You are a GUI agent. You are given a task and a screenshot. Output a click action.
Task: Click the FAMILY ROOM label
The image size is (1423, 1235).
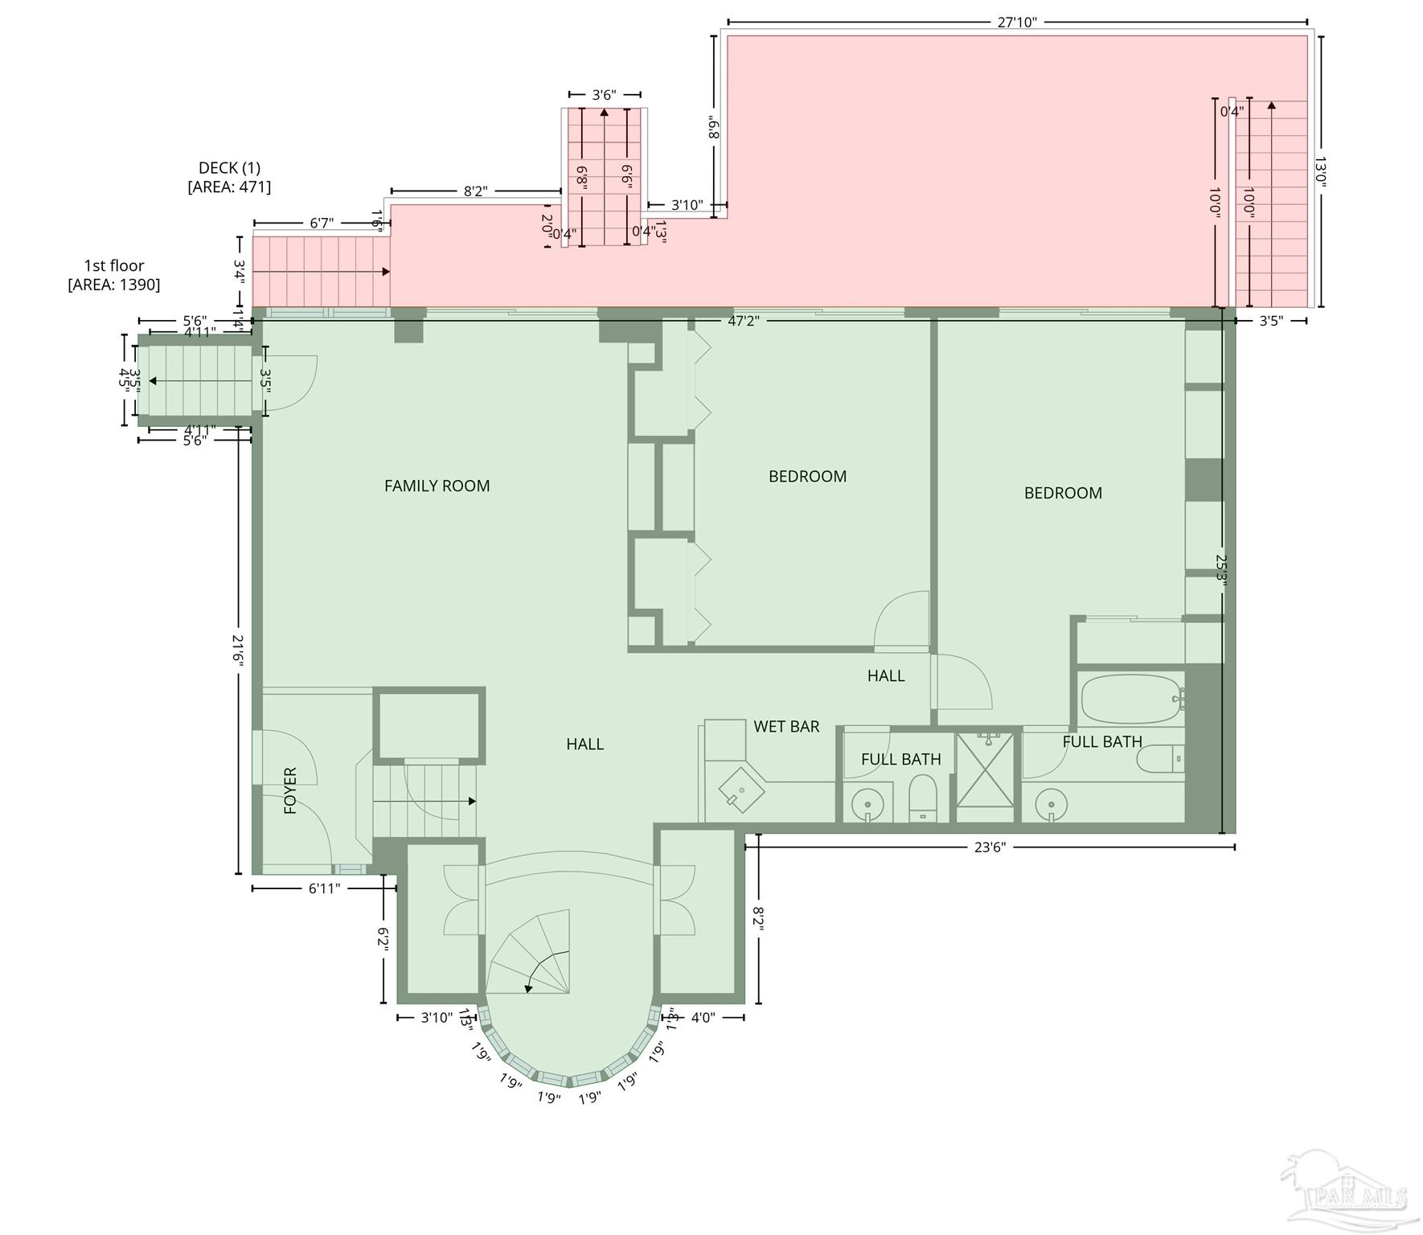coord(437,486)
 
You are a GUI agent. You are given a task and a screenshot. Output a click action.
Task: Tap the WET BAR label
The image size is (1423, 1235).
coord(785,726)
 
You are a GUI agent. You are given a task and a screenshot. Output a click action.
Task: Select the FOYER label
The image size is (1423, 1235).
coord(290,790)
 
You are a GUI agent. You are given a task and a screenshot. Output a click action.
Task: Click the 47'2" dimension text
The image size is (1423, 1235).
coord(743,321)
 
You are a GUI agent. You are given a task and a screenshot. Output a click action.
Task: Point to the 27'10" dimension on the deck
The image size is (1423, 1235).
coord(1016,23)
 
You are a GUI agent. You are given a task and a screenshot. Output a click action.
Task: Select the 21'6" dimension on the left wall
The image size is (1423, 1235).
coord(238,650)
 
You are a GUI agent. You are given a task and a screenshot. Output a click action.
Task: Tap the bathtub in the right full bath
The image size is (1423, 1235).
coord(1129,700)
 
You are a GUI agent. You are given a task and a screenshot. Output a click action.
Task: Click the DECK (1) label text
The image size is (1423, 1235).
coord(229,168)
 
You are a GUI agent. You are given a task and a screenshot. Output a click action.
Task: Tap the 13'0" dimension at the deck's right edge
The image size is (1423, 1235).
coord(1319,171)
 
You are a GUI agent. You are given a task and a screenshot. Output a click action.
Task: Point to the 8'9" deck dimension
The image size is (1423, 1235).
coord(713,127)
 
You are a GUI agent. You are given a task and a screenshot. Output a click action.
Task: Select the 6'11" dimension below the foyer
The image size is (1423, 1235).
coord(324,888)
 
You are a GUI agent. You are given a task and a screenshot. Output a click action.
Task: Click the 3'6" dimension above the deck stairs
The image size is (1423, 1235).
coord(604,95)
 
